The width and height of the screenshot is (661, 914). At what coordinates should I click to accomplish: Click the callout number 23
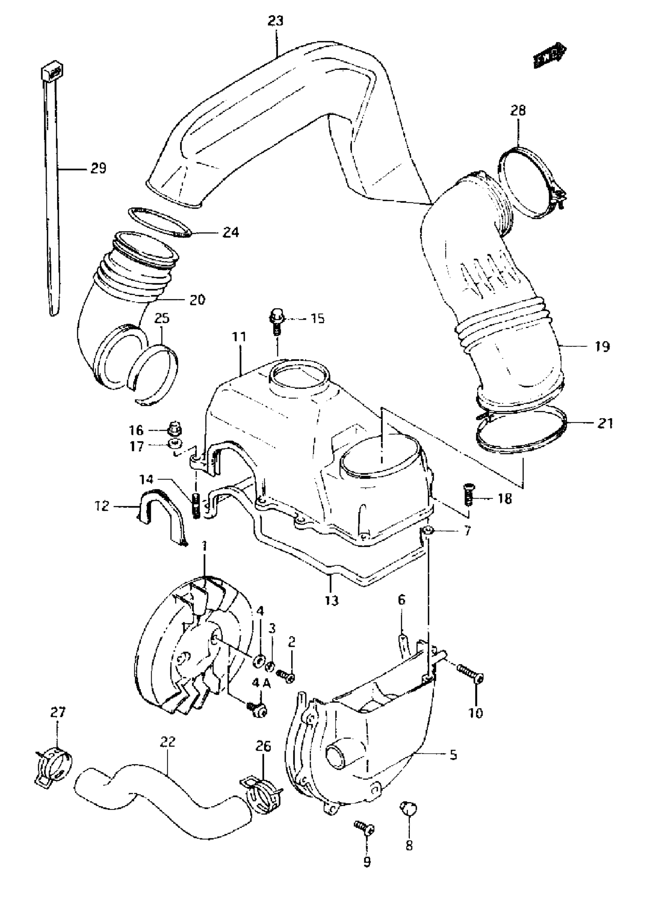pos(276,21)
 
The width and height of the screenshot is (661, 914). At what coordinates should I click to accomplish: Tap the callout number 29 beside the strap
pos(98,168)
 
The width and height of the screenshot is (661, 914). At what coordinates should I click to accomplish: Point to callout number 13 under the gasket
pos(332,612)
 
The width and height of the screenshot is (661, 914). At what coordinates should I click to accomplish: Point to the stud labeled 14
pos(196,506)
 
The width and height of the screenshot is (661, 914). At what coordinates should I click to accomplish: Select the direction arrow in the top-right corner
pos(549,56)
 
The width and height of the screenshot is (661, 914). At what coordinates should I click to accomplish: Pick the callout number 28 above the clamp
pos(518,110)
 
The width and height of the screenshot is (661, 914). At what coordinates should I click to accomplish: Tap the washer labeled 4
pos(258,660)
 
